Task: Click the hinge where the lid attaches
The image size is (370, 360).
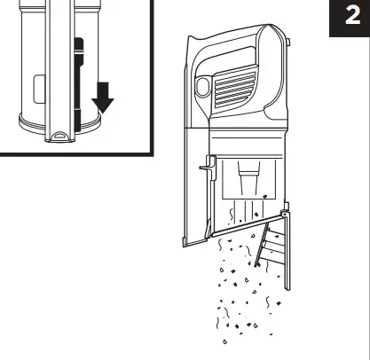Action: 284,214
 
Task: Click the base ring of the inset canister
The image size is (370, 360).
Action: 35,124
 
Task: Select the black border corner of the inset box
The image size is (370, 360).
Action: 152,155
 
